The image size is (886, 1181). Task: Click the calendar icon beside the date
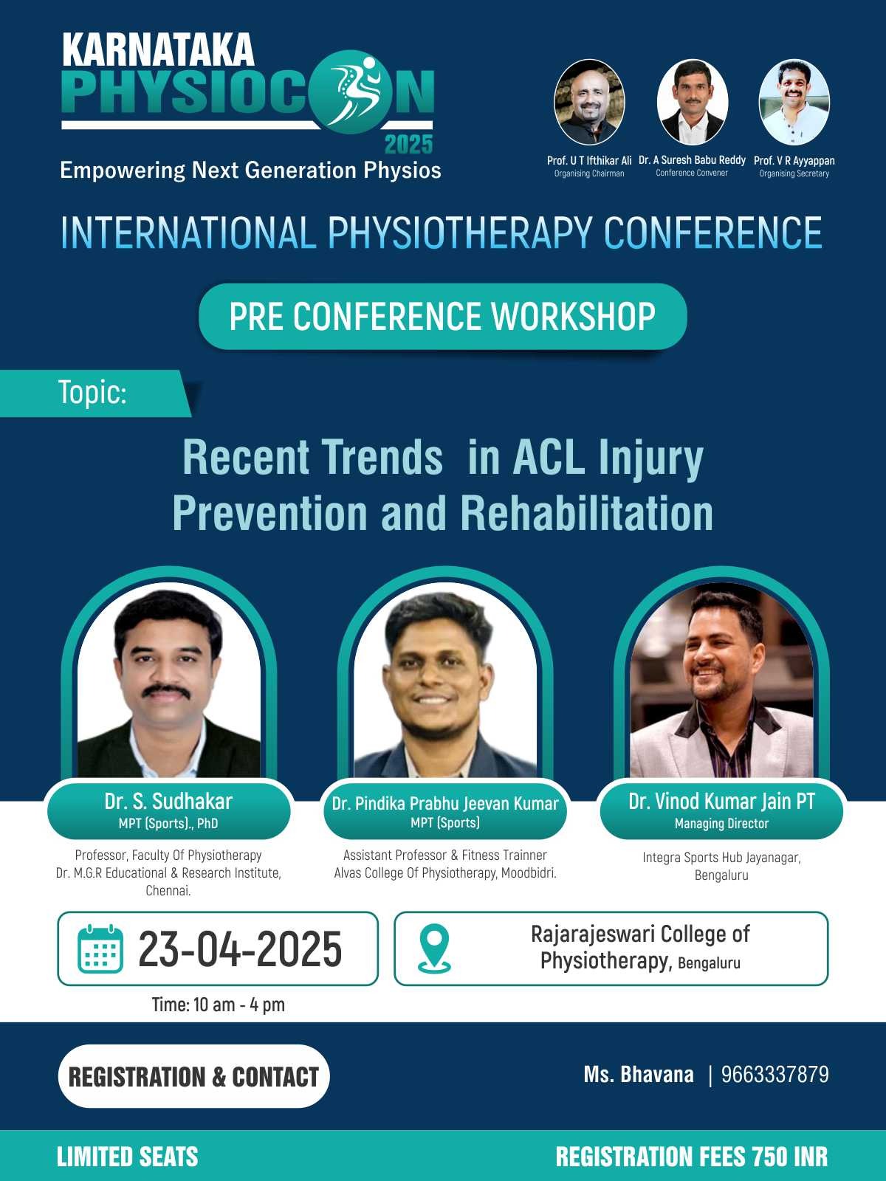(x=100, y=948)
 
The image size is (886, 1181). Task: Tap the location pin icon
(x=434, y=948)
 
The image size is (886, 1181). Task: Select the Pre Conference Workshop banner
(x=443, y=317)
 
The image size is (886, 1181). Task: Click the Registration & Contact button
(x=193, y=1076)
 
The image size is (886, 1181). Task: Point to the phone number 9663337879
(x=775, y=1075)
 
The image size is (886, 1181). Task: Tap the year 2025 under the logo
(x=409, y=144)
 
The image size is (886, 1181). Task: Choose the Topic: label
(x=92, y=392)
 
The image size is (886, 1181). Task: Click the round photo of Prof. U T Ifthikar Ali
(x=589, y=102)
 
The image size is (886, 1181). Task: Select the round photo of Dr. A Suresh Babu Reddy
(x=693, y=102)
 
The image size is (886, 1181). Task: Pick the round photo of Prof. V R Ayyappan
(x=794, y=102)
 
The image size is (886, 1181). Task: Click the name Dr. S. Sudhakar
(x=168, y=802)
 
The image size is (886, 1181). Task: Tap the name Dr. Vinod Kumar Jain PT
(x=721, y=802)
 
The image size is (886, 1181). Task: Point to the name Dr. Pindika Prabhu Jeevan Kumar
(x=445, y=803)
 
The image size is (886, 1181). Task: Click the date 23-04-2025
(x=240, y=949)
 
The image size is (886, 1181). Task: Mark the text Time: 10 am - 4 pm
(x=218, y=1005)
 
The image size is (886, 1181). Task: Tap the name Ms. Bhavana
(x=639, y=1075)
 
